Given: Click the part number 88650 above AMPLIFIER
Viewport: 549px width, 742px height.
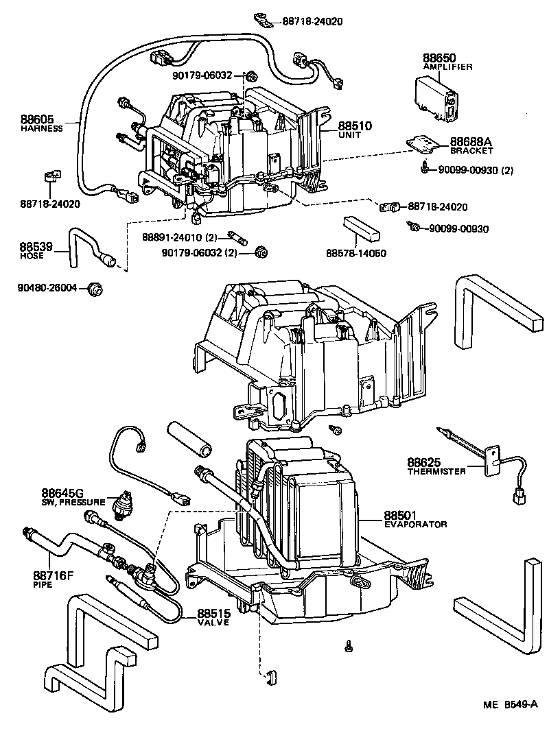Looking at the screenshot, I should [x=440, y=59].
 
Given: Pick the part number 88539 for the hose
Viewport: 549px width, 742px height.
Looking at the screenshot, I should [x=33, y=246].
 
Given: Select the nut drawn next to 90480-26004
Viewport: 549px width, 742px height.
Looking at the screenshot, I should [x=96, y=288].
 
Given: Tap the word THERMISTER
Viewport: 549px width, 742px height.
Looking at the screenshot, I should [x=437, y=471].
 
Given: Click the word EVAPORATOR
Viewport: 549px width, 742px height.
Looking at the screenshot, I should [x=415, y=524].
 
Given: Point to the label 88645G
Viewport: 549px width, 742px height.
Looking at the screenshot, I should [x=62, y=492].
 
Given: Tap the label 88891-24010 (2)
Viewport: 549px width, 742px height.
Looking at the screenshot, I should [x=180, y=237].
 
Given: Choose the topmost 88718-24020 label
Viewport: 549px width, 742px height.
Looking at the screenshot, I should [x=312, y=21].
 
